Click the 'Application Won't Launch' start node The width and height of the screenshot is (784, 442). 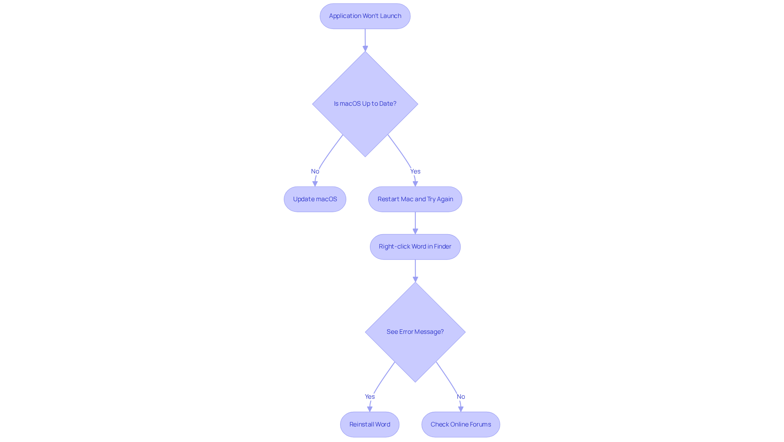(x=365, y=16)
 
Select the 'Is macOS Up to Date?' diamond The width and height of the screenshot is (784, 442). (x=365, y=104)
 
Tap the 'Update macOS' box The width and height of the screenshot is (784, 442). (x=315, y=199)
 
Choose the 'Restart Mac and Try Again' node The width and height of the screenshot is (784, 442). (x=415, y=199)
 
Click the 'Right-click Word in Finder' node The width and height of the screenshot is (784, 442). (x=415, y=247)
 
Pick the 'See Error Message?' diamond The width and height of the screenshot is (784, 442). (x=415, y=332)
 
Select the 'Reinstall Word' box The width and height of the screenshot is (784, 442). (x=370, y=424)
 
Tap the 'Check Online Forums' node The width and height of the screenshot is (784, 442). (x=461, y=424)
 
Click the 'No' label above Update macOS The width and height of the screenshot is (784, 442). (x=315, y=171)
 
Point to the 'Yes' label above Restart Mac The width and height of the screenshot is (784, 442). (x=415, y=171)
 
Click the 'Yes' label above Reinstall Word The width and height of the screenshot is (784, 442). (x=370, y=397)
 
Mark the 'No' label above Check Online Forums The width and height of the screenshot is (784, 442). (x=461, y=397)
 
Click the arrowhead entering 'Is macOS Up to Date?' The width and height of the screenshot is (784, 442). (x=365, y=48)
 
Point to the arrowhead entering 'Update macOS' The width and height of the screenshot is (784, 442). (x=315, y=184)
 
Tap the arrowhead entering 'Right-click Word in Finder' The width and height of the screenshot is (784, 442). (x=415, y=231)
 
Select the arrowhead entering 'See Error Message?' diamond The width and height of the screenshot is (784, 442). (x=415, y=279)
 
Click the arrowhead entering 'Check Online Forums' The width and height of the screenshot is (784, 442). (x=461, y=409)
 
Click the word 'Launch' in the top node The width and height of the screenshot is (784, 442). (x=390, y=16)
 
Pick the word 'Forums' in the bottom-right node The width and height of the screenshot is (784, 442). (x=480, y=424)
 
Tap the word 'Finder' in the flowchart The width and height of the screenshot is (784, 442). (x=442, y=247)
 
